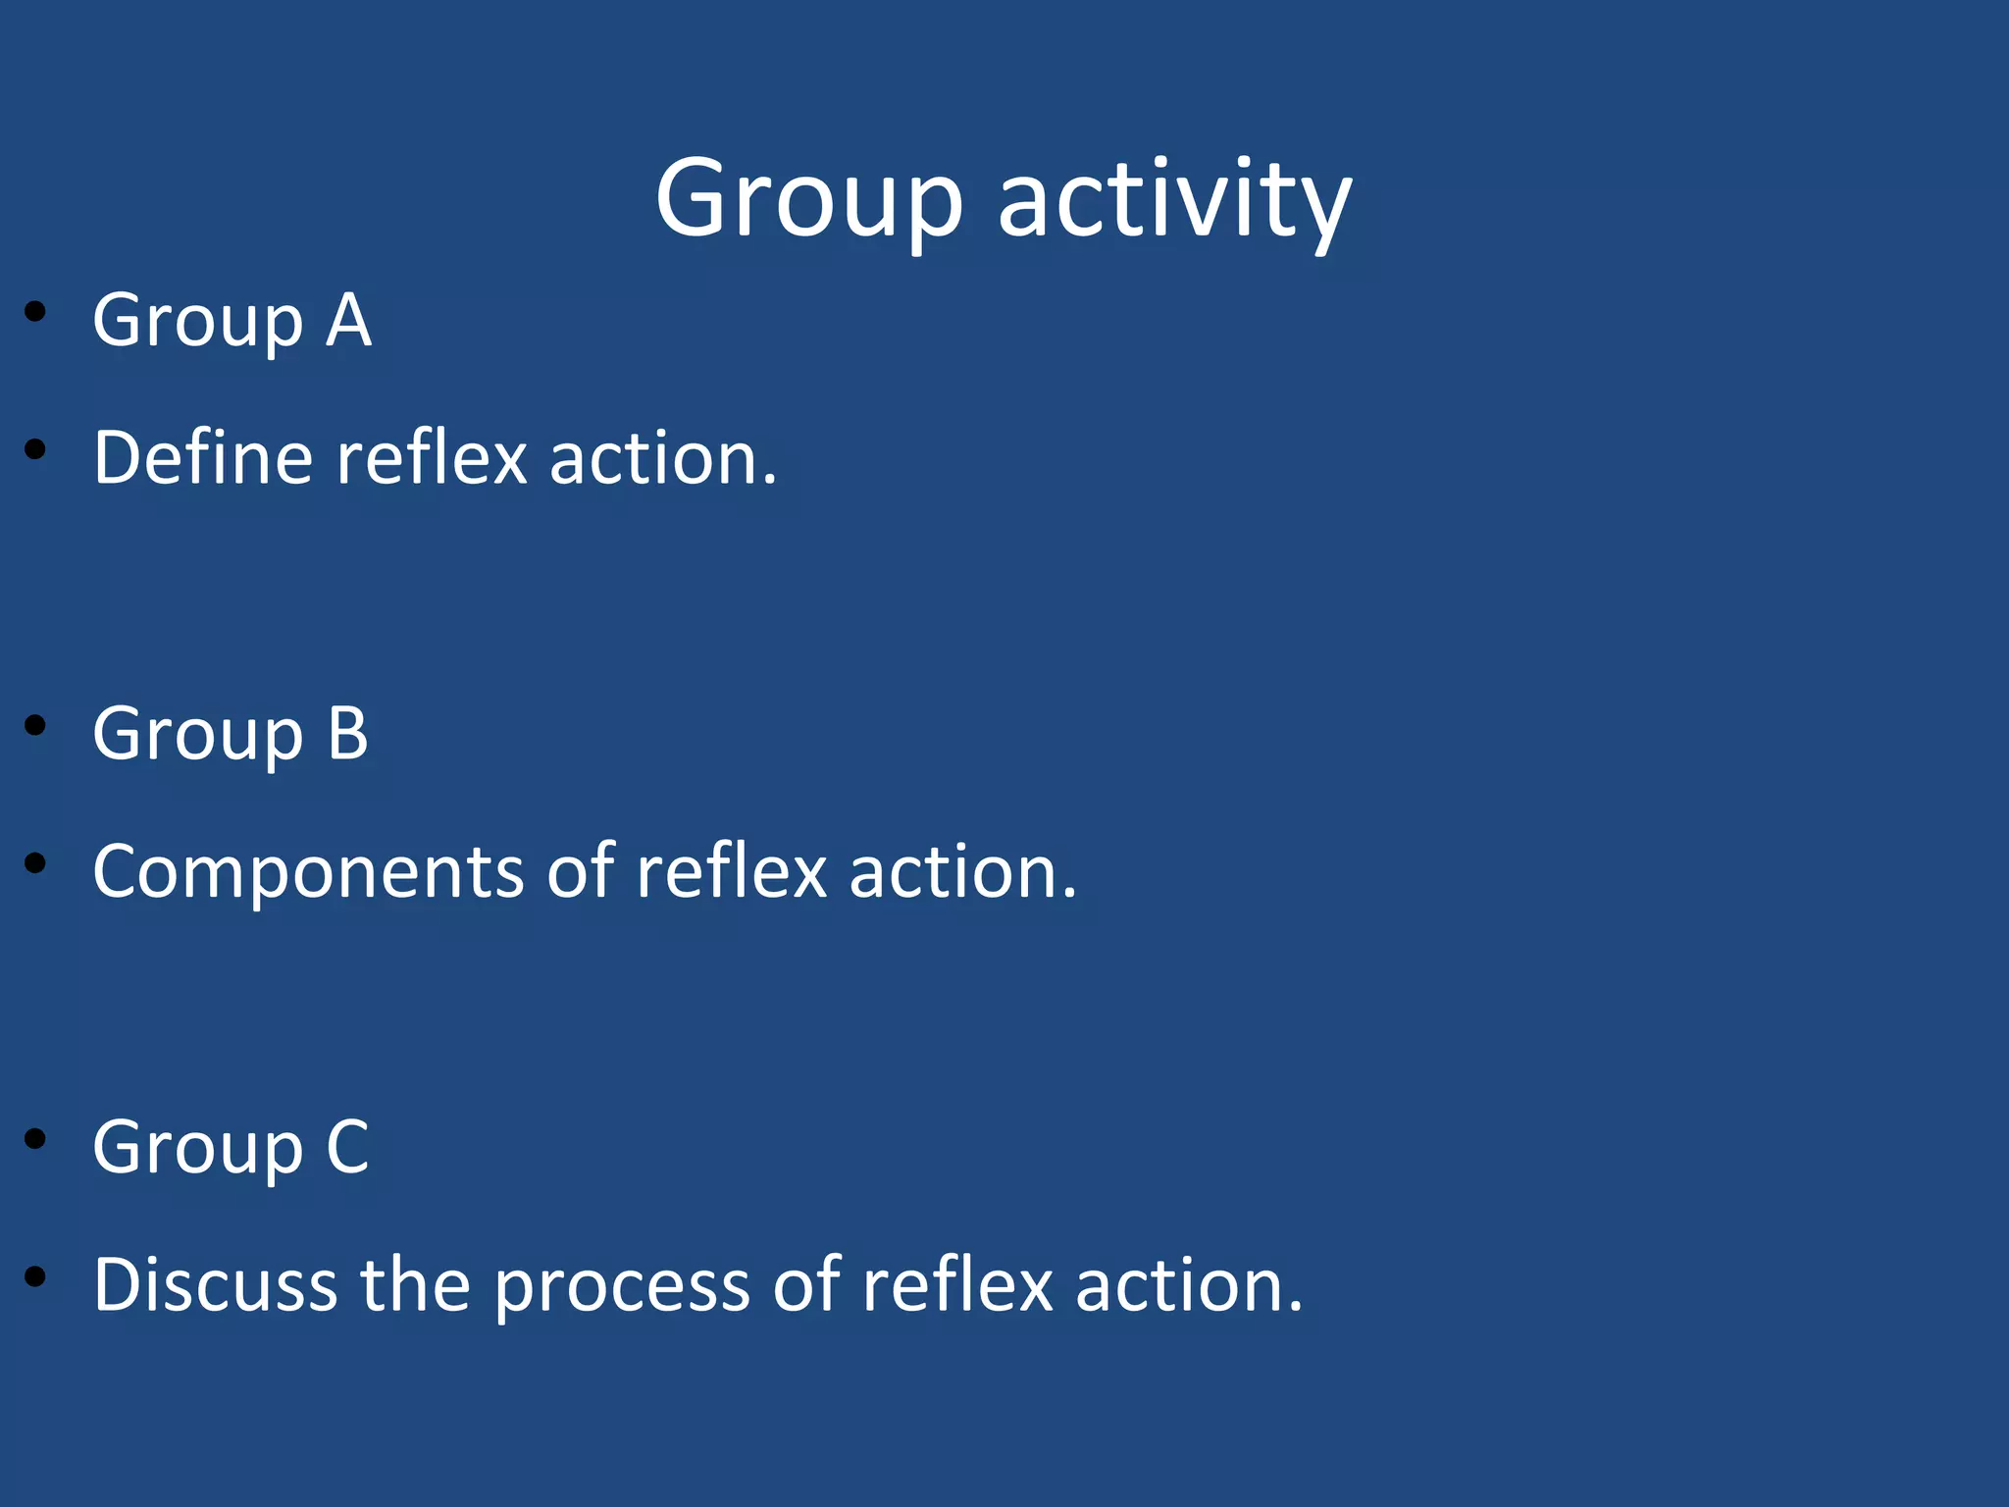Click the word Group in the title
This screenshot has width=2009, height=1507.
coord(809,201)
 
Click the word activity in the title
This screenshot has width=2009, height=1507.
coord(1174,201)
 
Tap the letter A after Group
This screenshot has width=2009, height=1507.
coord(348,321)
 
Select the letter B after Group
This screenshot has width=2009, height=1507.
coord(348,734)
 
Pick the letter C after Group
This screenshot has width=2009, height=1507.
coord(348,1147)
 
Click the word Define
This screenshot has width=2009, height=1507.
coord(203,458)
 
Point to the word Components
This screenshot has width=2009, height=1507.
coord(308,872)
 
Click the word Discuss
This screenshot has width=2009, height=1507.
coord(215,1285)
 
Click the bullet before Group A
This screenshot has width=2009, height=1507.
coord(36,312)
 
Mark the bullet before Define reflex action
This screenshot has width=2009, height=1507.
coord(36,450)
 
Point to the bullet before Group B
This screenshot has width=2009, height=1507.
coord(36,726)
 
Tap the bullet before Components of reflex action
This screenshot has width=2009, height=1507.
coord(36,863)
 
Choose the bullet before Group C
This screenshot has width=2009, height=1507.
coord(36,1139)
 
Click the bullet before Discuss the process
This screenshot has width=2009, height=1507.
coord(36,1276)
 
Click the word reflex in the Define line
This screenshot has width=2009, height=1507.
coord(432,458)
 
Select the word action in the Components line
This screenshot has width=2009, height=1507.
coord(962,872)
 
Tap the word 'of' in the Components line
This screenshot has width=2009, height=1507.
coord(580,872)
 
